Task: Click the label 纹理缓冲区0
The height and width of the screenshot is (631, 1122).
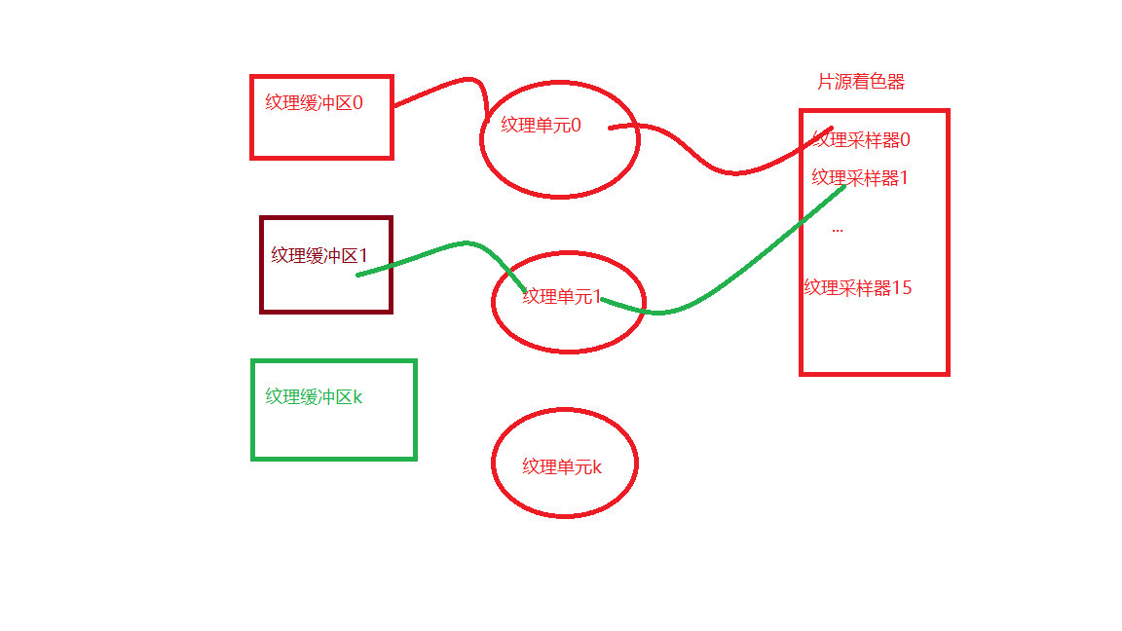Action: point(314,102)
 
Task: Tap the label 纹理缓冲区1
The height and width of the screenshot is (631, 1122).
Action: point(318,255)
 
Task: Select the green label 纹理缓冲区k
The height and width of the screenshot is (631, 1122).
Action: point(314,396)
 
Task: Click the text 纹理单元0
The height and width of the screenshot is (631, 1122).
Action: point(541,125)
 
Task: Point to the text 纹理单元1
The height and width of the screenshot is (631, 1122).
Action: point(562,296)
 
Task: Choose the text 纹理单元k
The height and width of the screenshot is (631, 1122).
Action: point(562,466)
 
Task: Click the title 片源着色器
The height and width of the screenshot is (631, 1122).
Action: point(861,82)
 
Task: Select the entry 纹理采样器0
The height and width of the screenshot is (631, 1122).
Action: point(861,140)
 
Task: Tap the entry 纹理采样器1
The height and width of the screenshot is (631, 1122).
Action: point(860,178)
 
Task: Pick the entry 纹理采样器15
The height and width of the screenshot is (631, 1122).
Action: point(857,287)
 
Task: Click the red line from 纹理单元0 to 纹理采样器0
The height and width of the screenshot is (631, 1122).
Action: point(730,172)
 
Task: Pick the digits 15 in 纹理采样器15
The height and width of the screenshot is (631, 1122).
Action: point(902,287)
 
